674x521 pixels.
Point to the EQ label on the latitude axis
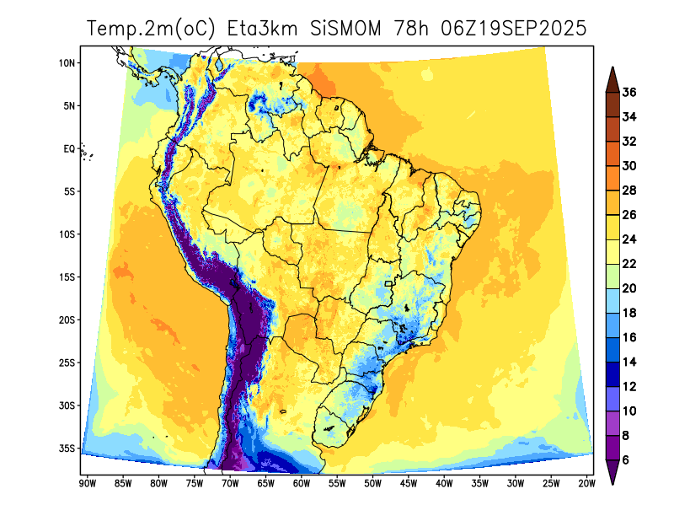point(69,149)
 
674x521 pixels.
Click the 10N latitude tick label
point(67,63)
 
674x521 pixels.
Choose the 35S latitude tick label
point(67,448)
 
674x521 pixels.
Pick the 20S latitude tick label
point(67,320)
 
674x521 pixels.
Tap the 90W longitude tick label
point(87,483)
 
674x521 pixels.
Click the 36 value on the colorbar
point(629,92)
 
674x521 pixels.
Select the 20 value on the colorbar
point(629,288)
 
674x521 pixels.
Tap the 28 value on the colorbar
point(629,191)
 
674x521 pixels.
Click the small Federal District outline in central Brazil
point(388,284)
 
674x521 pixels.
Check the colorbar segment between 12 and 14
point(612,373)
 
